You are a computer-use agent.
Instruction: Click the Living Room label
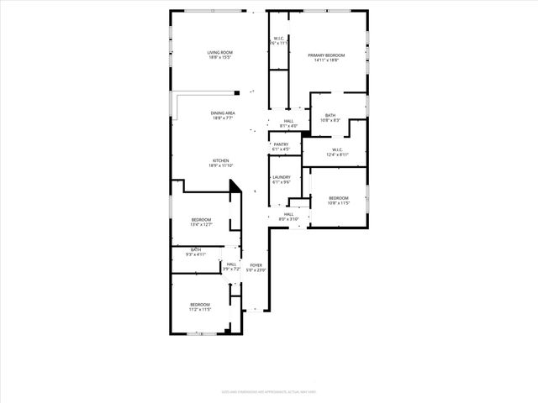click(220, 53)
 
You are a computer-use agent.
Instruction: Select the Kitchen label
click(220, 160)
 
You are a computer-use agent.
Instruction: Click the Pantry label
click(281, 144)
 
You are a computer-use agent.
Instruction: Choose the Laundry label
click(281, 177)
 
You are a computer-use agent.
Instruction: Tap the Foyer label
click(256, 265)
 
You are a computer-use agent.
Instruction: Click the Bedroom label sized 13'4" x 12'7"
click(201, 220)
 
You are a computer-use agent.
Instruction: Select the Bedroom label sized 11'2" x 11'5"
click(199, 304)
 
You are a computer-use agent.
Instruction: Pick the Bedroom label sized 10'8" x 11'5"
click(338, 198)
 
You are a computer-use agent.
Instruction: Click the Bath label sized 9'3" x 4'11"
click(195, 249)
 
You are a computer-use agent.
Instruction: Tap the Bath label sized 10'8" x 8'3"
click(330, 116)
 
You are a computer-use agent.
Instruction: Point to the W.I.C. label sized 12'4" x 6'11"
click(337, 150)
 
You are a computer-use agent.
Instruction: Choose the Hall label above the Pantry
click(288, 121)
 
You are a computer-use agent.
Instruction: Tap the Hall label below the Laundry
click(288, 214)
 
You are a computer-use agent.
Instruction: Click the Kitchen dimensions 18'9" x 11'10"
click(220, 165)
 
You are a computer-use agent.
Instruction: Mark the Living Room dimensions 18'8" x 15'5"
click(220, 58)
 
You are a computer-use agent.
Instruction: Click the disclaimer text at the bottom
click(268, 392)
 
